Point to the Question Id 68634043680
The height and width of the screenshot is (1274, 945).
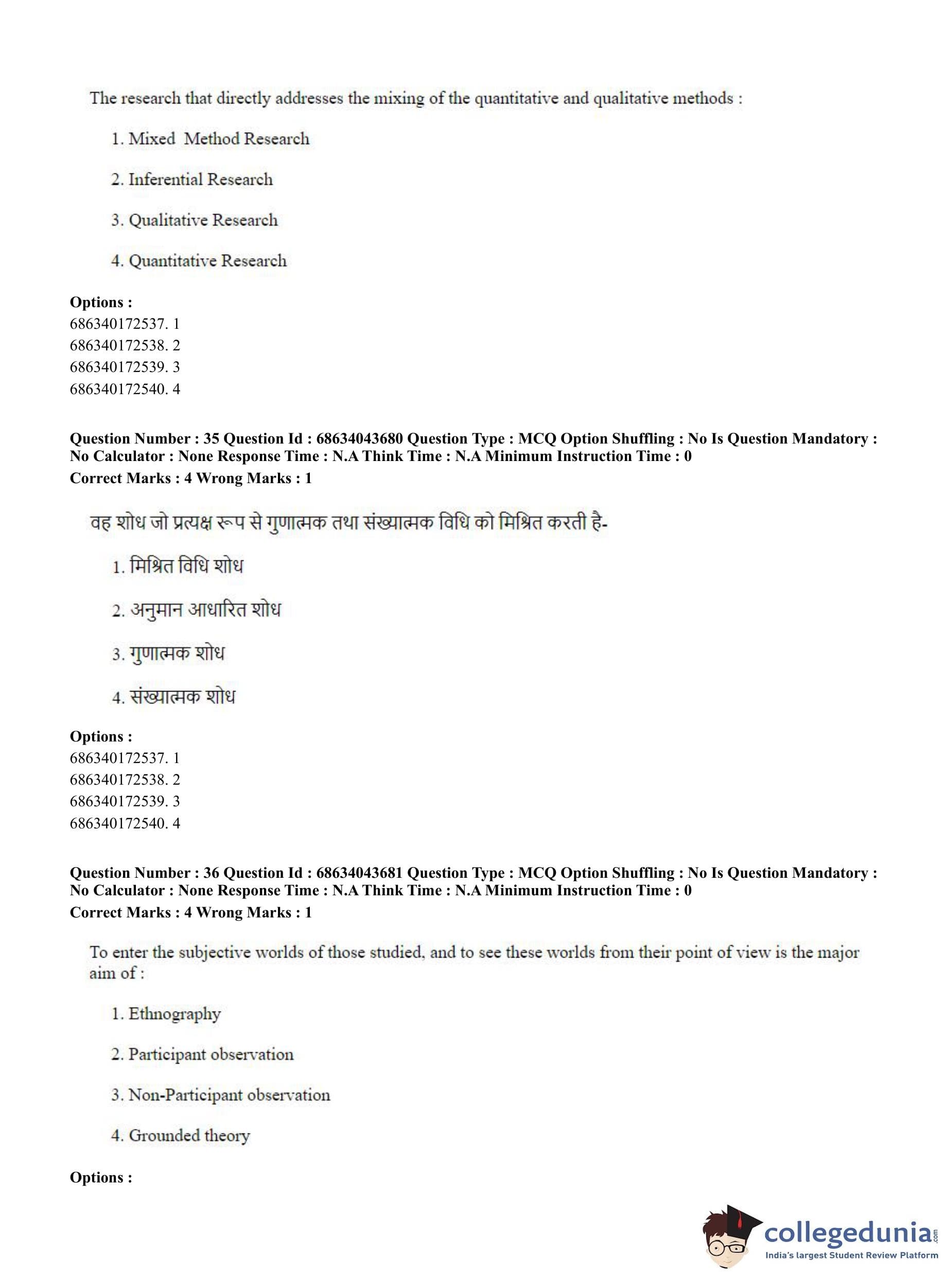coord(359,438)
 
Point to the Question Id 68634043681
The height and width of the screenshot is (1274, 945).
coord(359,873)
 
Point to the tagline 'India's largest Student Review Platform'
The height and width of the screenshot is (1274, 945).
coord(851,1255)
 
